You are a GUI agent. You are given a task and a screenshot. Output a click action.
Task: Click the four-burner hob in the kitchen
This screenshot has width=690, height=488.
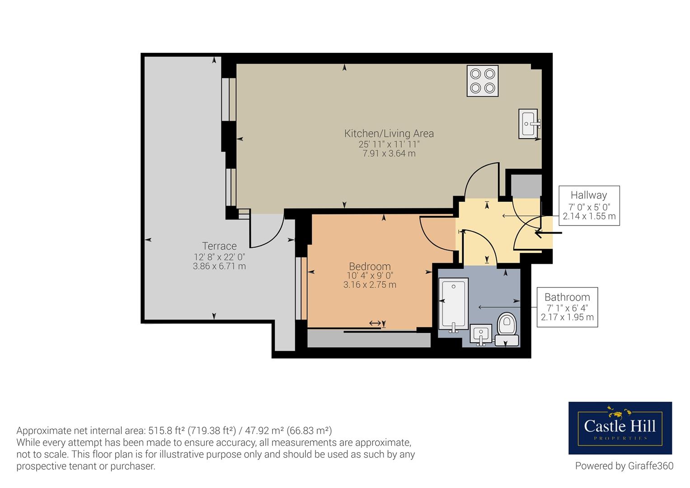click(x=483, y=81)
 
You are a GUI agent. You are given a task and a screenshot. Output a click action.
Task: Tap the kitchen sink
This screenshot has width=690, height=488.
click(x=529, y=123)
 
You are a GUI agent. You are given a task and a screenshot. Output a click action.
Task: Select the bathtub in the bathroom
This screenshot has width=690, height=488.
click(x=453, y=305)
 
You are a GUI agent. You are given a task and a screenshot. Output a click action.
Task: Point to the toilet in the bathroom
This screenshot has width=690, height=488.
click(x=507, y=329)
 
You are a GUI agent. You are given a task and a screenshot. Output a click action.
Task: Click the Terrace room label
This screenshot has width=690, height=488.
click(x=219, y=246)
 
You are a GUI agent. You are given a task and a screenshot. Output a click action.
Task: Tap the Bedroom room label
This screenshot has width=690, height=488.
click(x=370, y=266)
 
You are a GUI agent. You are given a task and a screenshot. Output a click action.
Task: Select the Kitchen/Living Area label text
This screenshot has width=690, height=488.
click(x=389, y=133)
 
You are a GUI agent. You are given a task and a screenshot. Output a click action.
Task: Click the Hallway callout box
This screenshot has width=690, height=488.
click(x=589, y=206)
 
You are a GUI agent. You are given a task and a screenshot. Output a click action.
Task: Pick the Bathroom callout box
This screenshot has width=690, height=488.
click(x=567, y=307)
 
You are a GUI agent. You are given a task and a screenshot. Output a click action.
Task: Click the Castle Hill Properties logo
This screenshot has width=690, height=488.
click(x=620, y=428)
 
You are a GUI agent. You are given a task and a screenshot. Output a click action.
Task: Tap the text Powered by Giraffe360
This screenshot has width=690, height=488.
click(x=624, y=466)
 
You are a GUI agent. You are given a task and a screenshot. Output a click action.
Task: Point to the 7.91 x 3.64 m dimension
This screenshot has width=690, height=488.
click(x=389, y=154)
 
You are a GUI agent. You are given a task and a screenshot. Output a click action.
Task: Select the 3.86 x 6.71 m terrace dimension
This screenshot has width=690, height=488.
click(x=219, y=266)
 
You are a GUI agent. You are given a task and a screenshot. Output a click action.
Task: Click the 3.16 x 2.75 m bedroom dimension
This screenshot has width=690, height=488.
click(x=370, y=285)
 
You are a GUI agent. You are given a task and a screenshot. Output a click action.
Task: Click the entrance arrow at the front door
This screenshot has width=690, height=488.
click(x=548, y=233)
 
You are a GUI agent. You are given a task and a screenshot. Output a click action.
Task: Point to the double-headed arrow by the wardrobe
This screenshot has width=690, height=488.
click(x=375, y=323)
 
